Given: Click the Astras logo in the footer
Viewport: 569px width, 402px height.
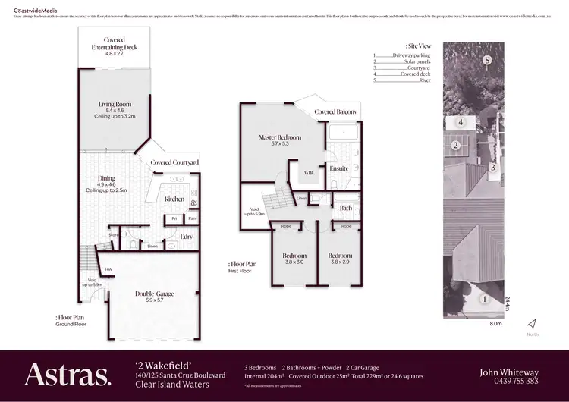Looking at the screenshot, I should [x=68, y=375].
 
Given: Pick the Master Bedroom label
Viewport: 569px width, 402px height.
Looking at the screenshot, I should [x=280, y=137].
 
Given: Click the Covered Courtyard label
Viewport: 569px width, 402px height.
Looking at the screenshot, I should [x=174, y=162].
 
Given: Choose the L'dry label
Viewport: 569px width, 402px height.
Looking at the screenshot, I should [x=186, y=237].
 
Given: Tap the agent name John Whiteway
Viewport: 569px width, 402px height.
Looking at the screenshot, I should [x=509, y=372].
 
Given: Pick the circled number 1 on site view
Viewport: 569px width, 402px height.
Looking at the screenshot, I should [x=483, y=300].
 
